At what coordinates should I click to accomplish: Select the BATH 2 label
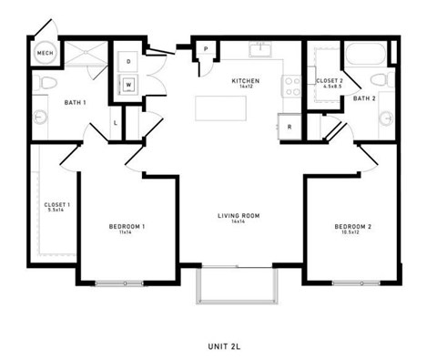point(364,98)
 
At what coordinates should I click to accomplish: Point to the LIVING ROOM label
point(239,217)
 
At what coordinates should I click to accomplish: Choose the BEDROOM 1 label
point(127,225)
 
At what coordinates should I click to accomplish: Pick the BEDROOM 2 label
point(351,225)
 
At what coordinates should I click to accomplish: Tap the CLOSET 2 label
point(328,82)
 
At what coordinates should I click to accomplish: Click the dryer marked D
point(128,61)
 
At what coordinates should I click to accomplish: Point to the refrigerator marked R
point(290,126)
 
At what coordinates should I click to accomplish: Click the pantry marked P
point(207,49)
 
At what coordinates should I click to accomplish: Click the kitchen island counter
point(234,108)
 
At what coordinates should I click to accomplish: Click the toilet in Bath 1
point(47,85)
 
